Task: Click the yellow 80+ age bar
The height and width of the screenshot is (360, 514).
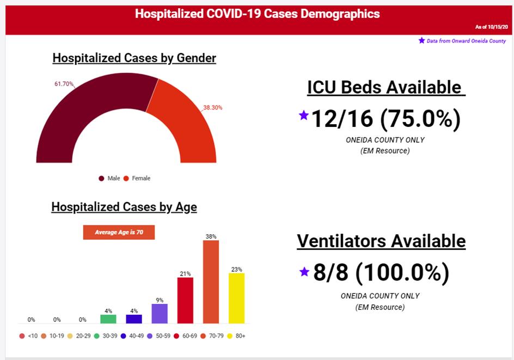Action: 236,298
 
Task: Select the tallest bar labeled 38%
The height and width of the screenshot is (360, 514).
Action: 211,282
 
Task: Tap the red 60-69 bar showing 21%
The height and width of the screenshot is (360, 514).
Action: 185,300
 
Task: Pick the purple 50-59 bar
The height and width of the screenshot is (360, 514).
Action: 160,314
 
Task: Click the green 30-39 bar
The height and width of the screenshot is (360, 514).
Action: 108,319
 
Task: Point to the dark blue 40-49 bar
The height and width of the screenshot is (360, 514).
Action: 134,319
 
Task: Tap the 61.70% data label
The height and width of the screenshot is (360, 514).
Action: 64,84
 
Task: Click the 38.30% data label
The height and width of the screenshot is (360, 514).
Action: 212,108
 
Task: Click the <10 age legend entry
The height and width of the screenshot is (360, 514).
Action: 28,336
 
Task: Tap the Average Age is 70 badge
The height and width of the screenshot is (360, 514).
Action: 119,232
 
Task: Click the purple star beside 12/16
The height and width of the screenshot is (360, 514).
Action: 304,115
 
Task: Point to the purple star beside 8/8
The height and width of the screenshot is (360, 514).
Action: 304,271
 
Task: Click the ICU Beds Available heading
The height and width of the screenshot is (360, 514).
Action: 384,87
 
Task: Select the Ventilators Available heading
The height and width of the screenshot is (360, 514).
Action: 381,241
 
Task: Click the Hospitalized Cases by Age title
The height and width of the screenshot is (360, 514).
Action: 124,207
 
